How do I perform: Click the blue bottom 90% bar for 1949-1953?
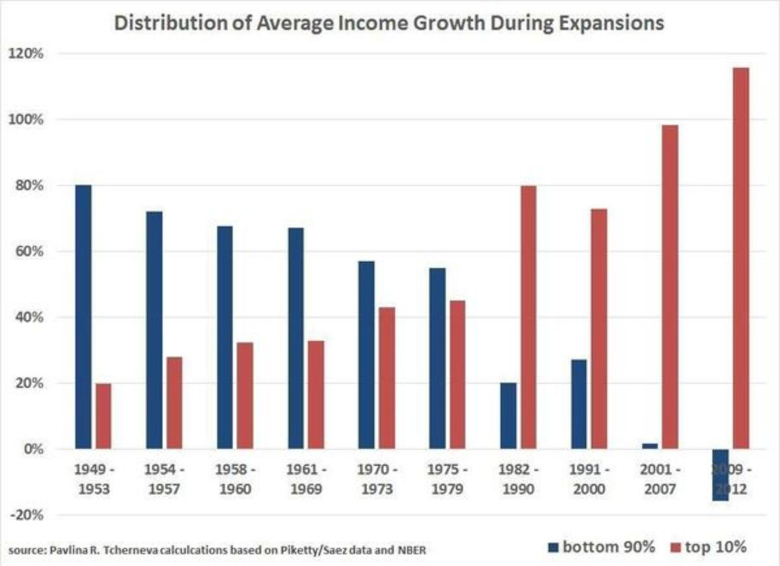coord(83,317)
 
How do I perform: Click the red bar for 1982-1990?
coord(528,317)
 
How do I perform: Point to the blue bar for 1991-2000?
coord(578,404)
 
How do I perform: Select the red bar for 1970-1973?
coord(386,378)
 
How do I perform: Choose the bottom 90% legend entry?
coord(601,547)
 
